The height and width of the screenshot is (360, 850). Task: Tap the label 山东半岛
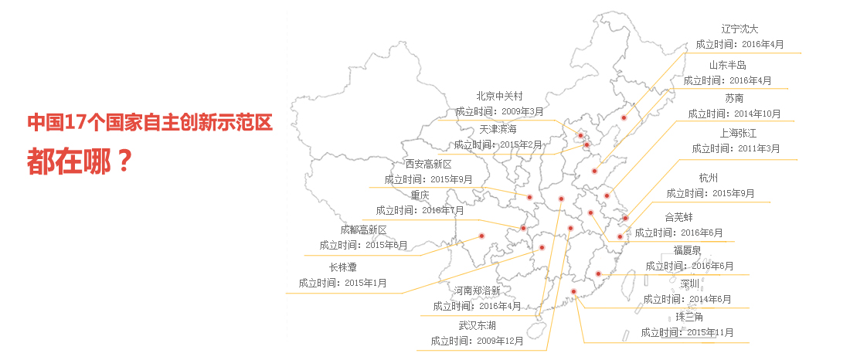coord(727,65)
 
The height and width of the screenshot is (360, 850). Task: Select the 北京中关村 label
coord(500,97)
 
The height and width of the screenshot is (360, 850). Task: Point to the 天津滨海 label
coord(498,128)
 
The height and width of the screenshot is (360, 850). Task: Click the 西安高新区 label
coord(428,164)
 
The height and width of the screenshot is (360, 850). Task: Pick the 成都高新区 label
coord(363,229)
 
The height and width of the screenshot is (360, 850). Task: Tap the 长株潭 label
coord(342,267)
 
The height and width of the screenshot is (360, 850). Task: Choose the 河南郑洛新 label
coord(478,290)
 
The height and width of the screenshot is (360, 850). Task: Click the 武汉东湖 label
coord(477,325)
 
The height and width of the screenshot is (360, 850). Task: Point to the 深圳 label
coord(689,284)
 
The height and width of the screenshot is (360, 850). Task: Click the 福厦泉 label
coord(688,250)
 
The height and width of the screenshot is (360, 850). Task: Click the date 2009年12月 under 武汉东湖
coord(500,341)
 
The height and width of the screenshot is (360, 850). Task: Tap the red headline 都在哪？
coord(77,160)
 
